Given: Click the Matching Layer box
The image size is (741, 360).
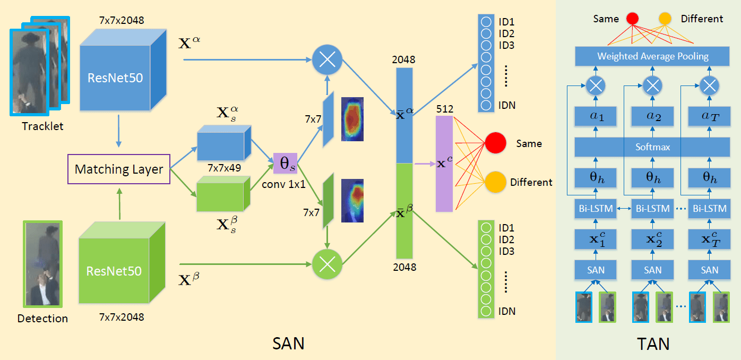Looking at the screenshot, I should coord(119,169).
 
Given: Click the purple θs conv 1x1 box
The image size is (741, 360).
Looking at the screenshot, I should coord(285,164).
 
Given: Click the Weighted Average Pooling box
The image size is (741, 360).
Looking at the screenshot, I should coord(653,56).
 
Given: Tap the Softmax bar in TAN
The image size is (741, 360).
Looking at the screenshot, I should coord(653,147).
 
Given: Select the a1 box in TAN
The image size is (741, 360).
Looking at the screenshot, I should coord(596,116).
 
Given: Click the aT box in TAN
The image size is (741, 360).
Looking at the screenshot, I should coord(710,116).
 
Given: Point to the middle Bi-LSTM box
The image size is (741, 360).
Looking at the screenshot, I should coord(653,209).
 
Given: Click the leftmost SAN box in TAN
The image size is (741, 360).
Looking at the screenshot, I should coord(596,270).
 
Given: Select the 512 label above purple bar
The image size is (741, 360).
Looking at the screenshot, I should coord(444,109).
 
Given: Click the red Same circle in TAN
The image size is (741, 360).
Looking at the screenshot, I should coord(632,19).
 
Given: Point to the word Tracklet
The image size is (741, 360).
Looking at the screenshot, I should coord(42,126).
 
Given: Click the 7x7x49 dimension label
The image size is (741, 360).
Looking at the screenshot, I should coord(225,168).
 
